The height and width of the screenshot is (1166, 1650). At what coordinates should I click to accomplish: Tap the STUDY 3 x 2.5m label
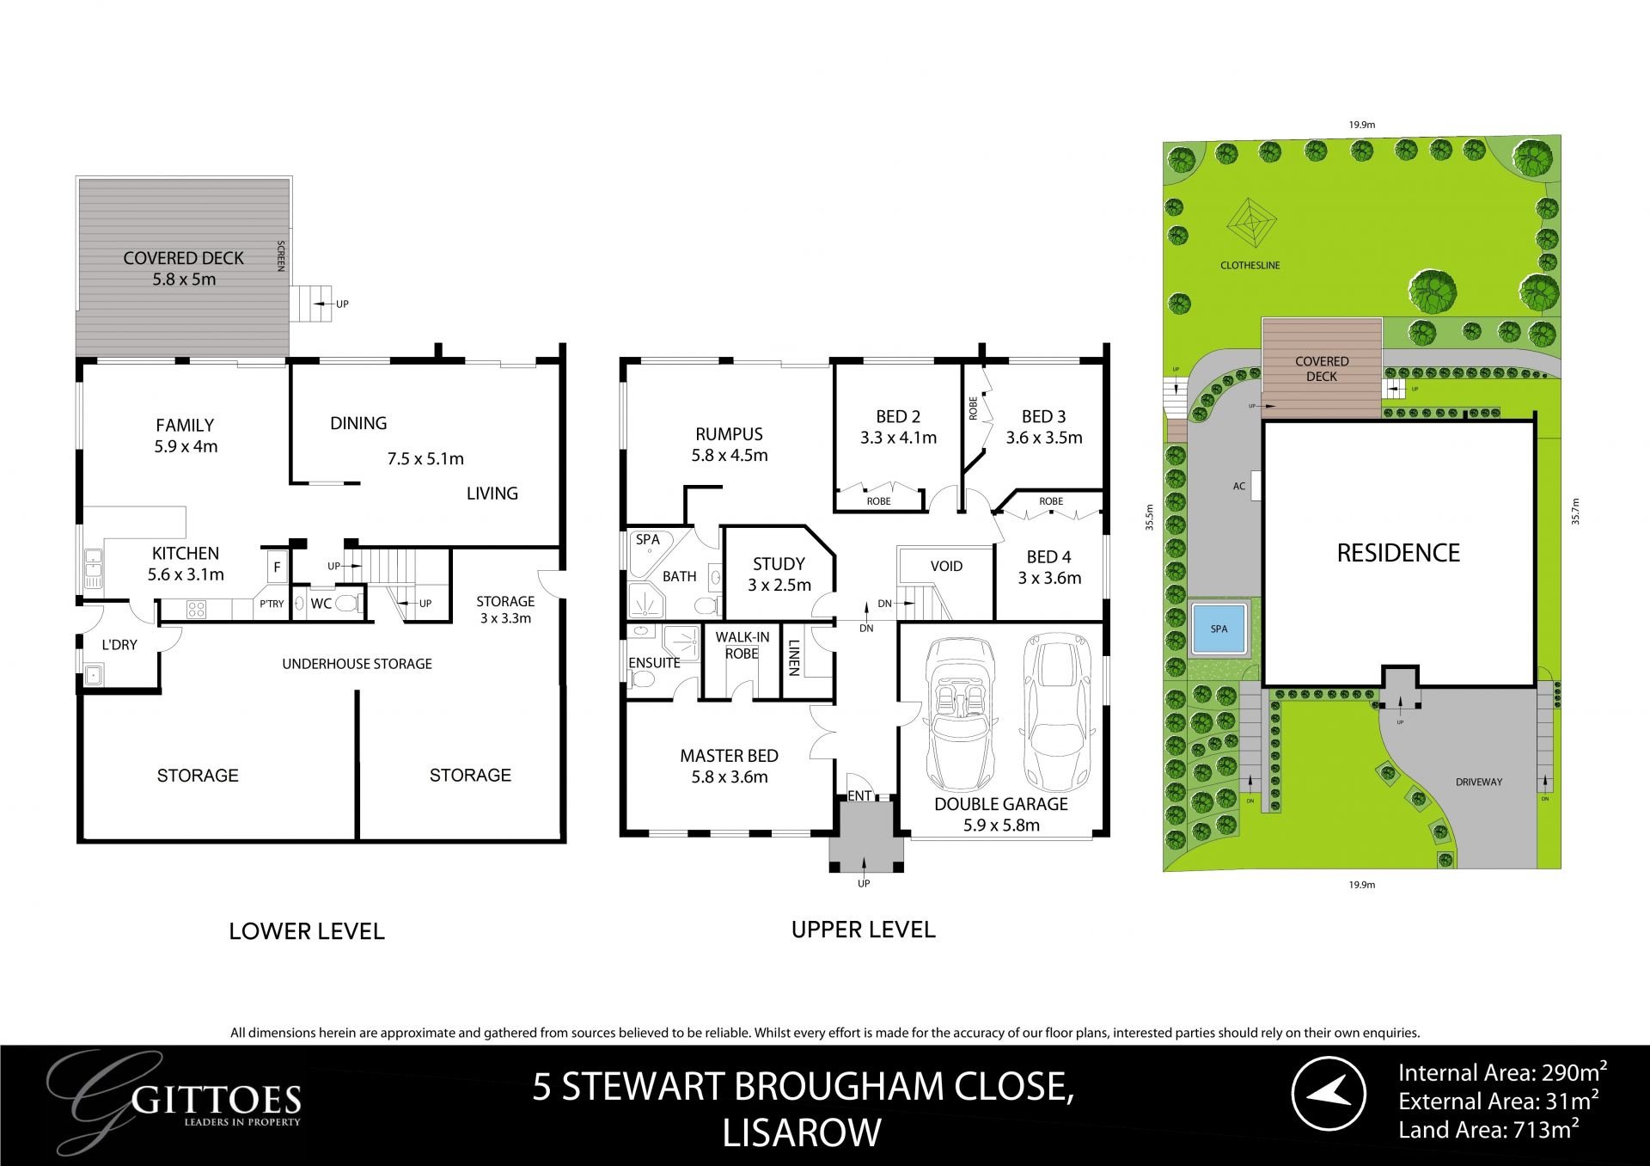[x=779, y=574]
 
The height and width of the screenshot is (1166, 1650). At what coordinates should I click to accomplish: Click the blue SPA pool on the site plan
[x=1219, y=629]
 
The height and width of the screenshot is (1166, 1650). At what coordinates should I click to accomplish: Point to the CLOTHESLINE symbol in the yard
[x=1250, y=224]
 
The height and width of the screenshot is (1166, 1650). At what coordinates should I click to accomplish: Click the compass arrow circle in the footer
[x=1329, y=1093]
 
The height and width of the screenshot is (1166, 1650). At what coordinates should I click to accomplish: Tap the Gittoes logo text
[x=218, y=1101]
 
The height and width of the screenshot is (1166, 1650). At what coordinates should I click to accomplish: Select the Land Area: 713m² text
[x=1488, y=1130]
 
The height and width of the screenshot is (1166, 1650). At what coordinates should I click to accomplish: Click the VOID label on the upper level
[x=946, y=566]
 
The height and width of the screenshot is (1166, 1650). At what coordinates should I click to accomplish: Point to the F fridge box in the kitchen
[x=277, y=568]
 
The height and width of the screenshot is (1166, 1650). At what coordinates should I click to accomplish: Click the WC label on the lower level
[x=321, y=604]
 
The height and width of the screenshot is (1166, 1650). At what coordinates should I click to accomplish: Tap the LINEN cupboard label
[x=794, y=658]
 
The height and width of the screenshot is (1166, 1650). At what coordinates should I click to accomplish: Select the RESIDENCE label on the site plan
[x=1398, y=553]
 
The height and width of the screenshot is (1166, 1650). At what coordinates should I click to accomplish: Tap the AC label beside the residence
[x=1238, y=487]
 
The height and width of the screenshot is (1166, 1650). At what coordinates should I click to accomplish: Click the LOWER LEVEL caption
[x=306, y=931]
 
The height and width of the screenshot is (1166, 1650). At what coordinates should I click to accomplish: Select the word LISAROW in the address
[x=801, y=1133]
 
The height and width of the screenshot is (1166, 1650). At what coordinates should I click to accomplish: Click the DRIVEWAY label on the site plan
[x=1479, y=782]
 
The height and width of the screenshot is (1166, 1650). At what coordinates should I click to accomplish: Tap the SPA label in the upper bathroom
[x=647, y=540]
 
